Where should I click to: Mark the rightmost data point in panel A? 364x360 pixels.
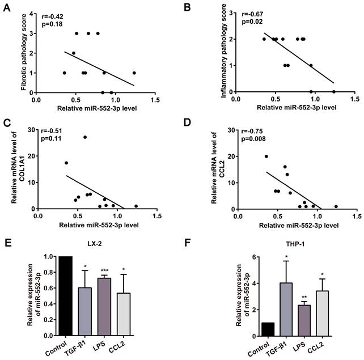click(x=134, y=73)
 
